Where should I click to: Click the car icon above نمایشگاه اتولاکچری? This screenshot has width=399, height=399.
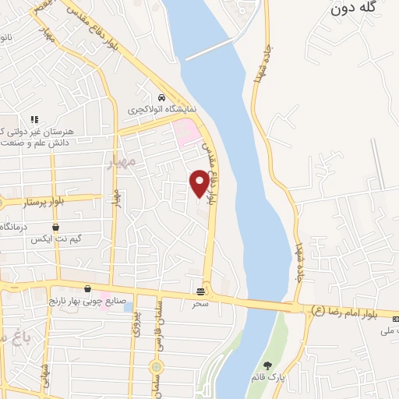coord(161,98)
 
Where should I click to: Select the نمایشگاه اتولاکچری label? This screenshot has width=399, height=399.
coord(160,111)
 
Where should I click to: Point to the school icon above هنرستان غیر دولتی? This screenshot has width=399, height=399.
coord(34,119)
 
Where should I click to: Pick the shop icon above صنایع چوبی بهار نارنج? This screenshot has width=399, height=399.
coord(87,288)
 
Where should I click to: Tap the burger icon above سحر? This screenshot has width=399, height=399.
coord(202,291)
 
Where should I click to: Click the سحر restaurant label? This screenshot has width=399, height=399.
coord(202,303)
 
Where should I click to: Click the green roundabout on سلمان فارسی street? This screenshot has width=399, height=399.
coord(157,365)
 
